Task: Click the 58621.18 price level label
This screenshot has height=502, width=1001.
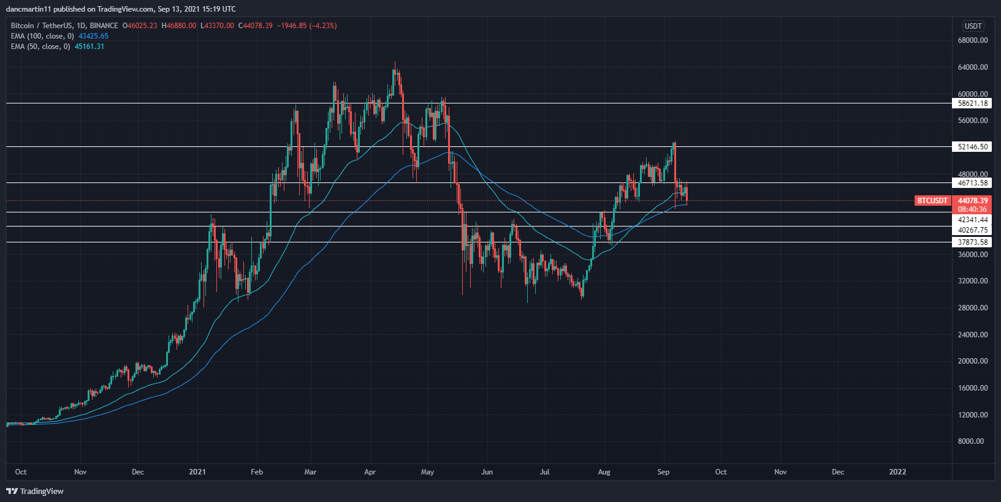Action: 972,103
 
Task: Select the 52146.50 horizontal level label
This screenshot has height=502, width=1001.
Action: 972,147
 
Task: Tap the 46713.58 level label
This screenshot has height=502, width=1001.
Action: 972,183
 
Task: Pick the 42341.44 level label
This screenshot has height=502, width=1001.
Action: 972,220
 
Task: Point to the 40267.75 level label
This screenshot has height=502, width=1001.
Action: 972,230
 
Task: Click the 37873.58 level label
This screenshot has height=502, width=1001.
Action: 972,242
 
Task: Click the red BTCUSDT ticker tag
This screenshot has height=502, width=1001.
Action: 932,201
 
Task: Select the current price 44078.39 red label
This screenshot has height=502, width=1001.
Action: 972,201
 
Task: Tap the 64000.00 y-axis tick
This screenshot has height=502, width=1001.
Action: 972,67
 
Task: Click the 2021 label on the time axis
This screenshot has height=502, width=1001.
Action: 197,472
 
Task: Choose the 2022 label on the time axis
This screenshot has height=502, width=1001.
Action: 897,472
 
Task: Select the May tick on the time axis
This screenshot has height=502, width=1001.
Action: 428,472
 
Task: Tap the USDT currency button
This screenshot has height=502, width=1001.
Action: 973,26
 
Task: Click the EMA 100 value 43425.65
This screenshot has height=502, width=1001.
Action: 93,36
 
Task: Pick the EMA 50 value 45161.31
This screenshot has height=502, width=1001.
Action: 89,47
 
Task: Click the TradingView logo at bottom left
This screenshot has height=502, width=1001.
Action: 35,491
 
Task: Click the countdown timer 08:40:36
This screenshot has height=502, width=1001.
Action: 972,209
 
